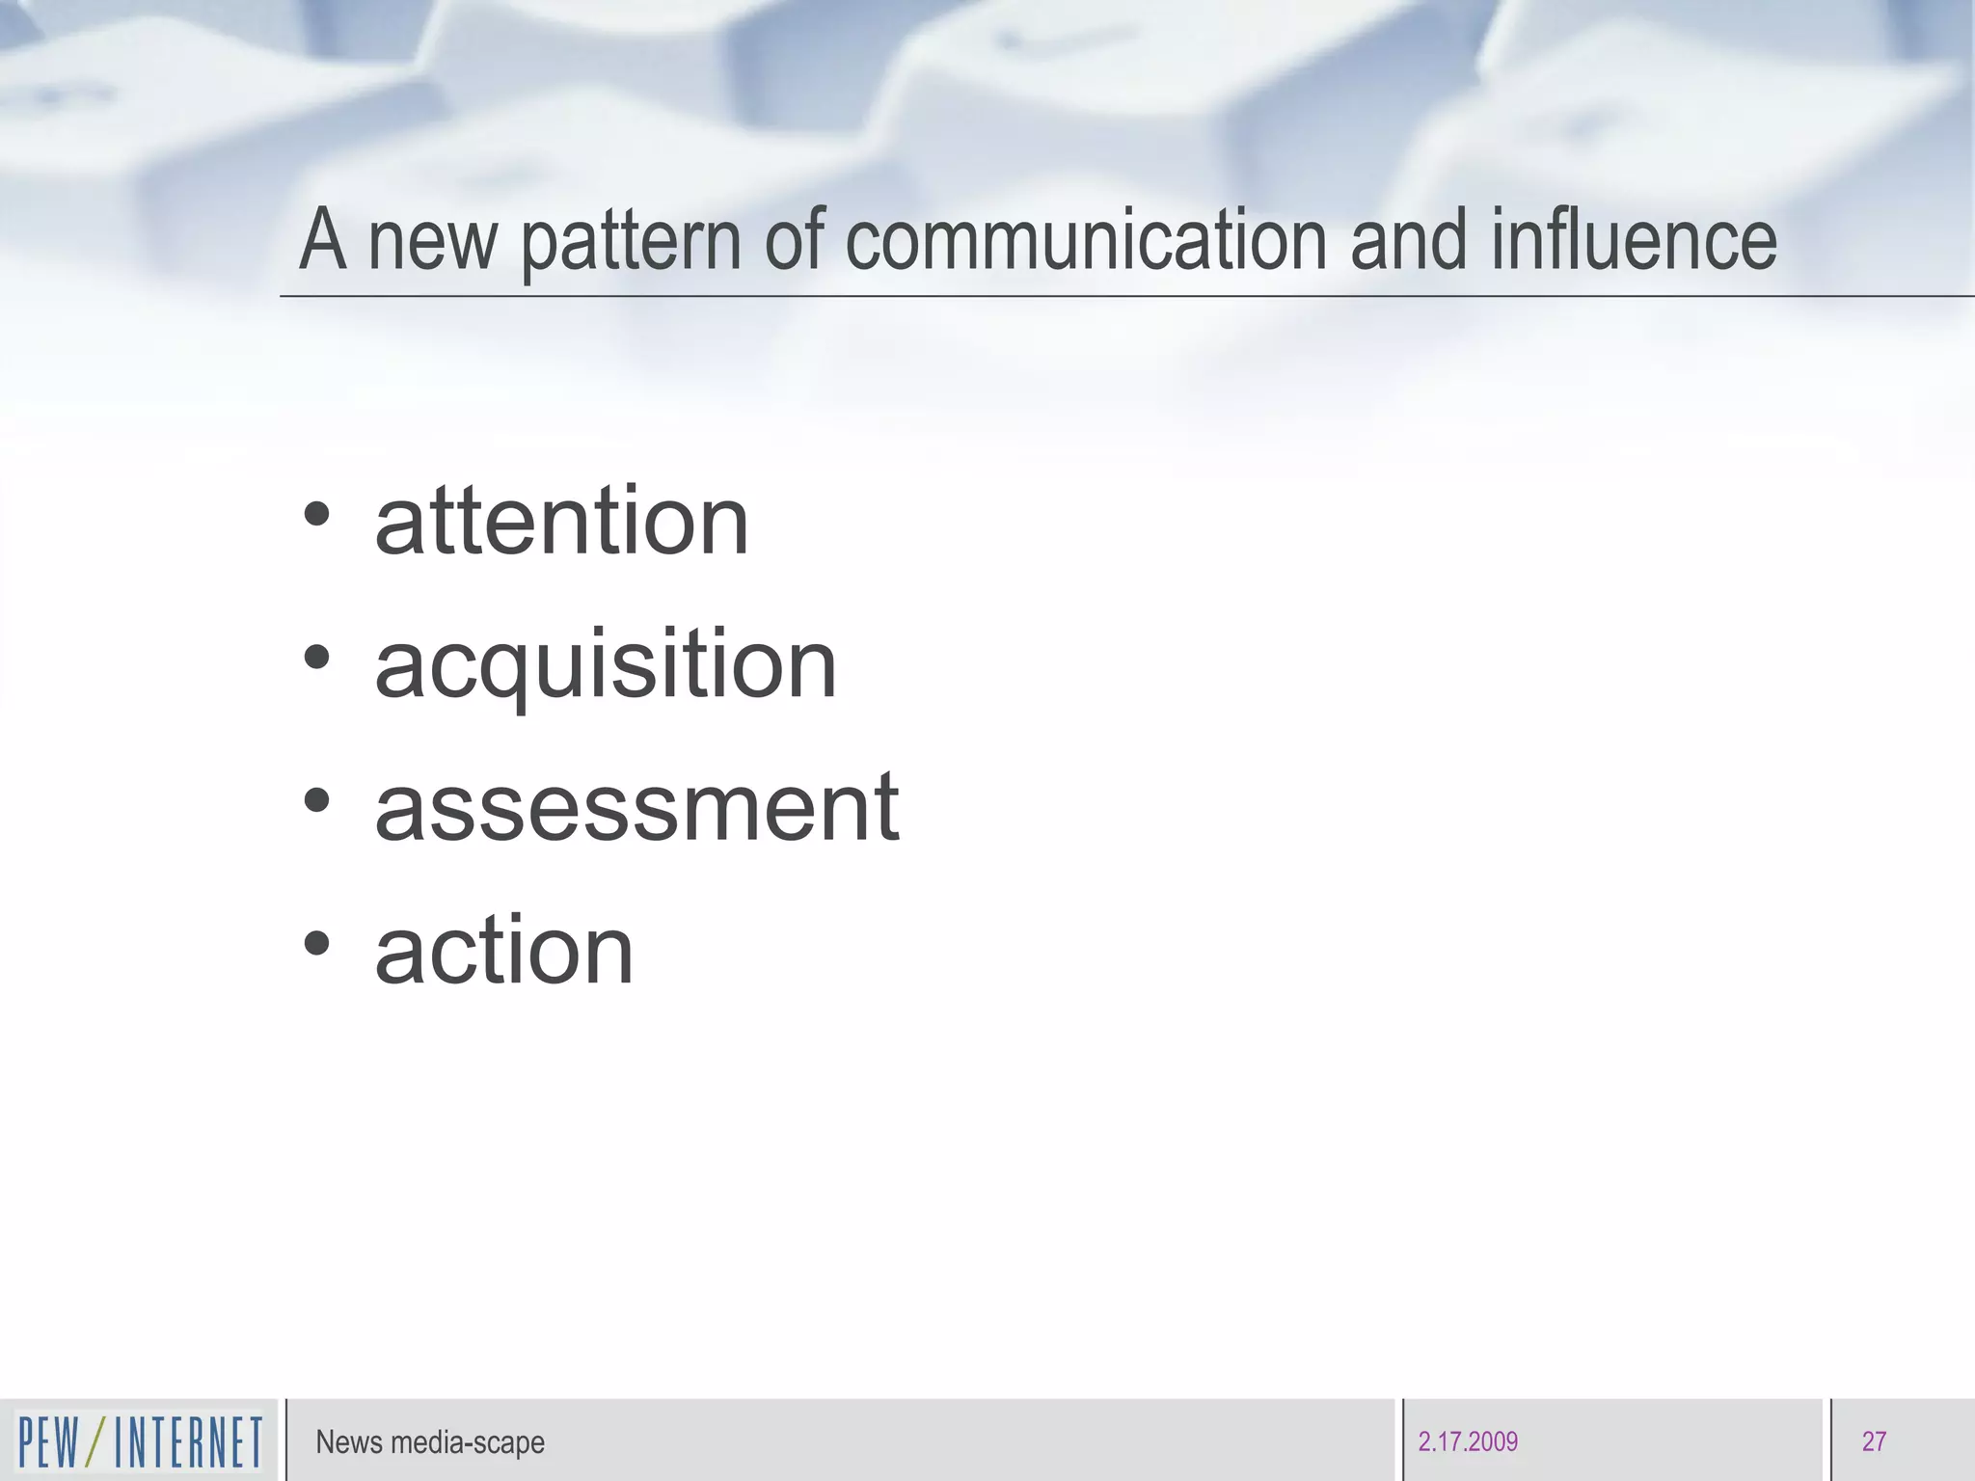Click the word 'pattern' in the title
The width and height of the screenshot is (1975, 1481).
click(x=632, y=241)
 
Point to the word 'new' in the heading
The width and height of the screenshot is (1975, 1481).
click(x=433, y=243)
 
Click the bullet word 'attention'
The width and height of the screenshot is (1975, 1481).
click(x=561, y=522)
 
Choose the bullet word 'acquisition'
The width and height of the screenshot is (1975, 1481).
click(x=606, y=665)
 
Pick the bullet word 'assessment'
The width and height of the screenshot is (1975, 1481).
click(x=636, y=808)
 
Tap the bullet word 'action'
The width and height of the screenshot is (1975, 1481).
click(x=503, y=951)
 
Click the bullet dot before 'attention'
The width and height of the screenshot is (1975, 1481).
click(x=316, y=514)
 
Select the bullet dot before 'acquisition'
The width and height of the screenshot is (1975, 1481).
click(x=316, y=658)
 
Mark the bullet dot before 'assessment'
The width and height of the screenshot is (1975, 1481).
click(x=316, y=800)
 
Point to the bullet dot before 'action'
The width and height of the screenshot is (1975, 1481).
click(x=316, y=943)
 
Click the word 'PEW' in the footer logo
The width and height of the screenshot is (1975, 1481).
click(x=48, y=1442)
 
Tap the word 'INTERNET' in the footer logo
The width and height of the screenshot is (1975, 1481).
click(x=188, y=1442)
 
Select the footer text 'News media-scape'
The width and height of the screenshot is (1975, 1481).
click(x=430, y=1442)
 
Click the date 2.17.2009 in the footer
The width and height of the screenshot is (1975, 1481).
click(x=1468, y=1442)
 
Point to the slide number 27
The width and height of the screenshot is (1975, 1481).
click(x=1874, y=1442)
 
